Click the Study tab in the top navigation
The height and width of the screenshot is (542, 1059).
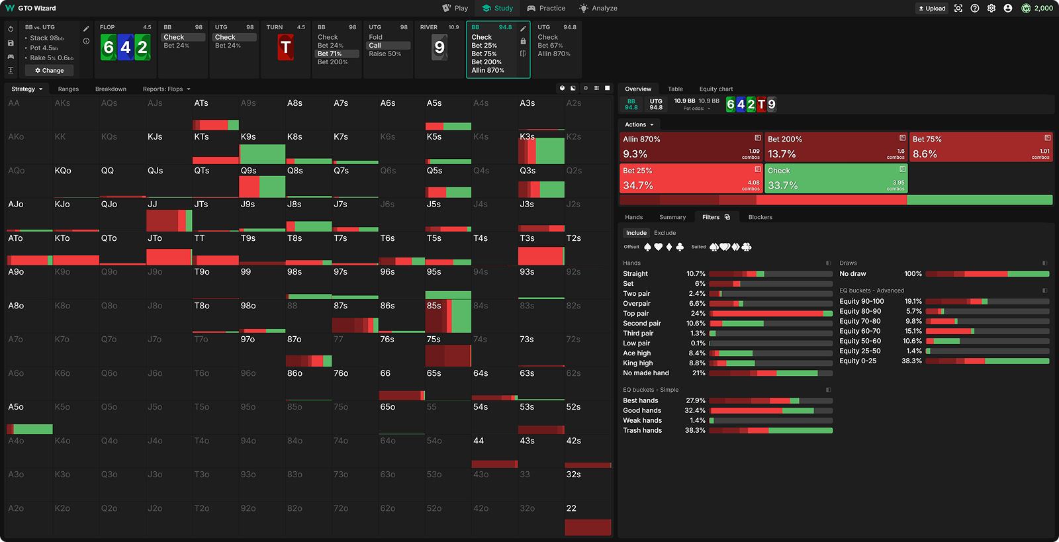tap(498, 8)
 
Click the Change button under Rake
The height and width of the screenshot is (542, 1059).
tap(50, 70)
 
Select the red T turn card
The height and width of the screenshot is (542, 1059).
tap(285, 48)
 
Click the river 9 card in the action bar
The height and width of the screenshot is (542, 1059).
tap(439, 48)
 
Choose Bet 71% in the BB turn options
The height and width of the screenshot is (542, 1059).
tap(330, 54)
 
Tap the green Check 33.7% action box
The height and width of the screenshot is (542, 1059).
tap(835, 179)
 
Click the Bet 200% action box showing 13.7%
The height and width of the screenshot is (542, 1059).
tap(835, 146)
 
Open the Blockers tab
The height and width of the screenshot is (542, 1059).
tap(760, 217)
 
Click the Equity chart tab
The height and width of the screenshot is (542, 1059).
tap(715, 89)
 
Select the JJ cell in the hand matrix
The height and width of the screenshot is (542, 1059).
tap(169, 214)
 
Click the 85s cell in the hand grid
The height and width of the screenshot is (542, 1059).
tap(447, 316)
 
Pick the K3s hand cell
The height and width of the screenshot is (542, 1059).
tap(541, 147)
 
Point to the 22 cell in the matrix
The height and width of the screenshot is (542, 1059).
tap(587, 518)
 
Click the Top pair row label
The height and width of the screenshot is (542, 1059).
tap(636, 314)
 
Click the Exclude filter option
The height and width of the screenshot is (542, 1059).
tap(665, 233)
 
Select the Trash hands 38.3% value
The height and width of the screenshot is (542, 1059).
tap(695, 430)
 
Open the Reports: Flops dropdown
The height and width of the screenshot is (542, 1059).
tap(166, 89)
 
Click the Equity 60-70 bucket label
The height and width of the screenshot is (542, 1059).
tap(860, 331)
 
